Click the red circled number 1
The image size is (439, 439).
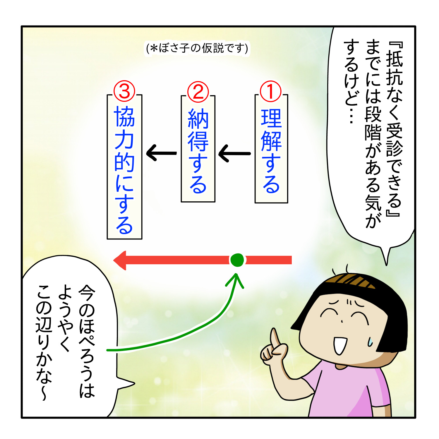271,92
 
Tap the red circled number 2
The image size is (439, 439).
198,92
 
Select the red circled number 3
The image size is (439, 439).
124,91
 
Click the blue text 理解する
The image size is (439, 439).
271,151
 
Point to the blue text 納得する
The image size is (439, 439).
198,151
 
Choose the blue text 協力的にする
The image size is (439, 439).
124,170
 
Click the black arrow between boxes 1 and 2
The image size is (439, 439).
234,153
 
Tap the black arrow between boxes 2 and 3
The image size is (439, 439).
161,153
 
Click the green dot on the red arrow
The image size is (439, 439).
237,260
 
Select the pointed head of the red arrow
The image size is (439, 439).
120,260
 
